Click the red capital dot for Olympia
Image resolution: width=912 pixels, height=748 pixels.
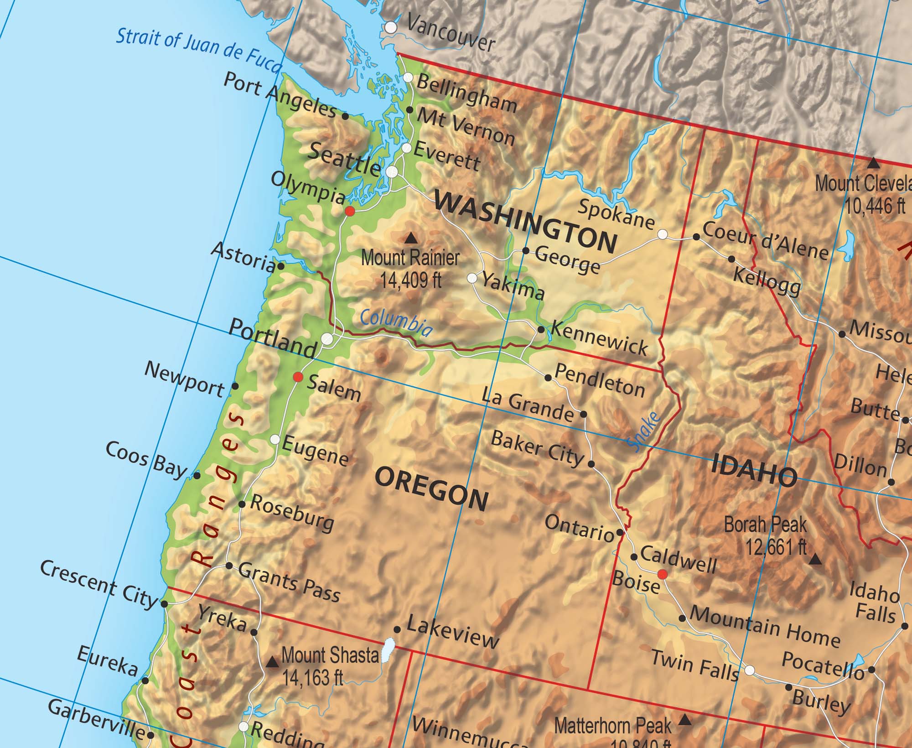click(350, 211)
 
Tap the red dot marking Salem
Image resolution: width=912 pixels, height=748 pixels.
click(298, 377)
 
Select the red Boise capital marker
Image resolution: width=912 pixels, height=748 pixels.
click(663, 574)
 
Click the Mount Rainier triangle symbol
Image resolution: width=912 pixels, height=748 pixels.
click(411, 238)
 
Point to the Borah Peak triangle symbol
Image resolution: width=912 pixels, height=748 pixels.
click(815, 559)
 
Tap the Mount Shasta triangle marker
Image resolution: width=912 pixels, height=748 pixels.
click(272, 662)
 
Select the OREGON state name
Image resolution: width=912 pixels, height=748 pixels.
click(431, 489)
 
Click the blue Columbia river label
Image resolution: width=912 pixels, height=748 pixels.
click(396, 322)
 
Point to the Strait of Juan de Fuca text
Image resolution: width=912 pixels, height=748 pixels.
click(198, 50)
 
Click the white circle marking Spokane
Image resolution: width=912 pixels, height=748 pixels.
click(663, 234)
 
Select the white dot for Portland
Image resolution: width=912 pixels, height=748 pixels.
click(327, 338)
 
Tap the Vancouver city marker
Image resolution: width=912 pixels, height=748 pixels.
click(391, 27)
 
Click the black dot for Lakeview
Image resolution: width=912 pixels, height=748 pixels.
click(397, 629)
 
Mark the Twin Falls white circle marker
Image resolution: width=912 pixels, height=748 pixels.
click(750, 670)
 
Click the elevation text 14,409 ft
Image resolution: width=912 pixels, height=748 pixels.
click(411, 280)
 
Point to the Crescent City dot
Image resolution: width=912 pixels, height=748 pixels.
click(165, 604)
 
